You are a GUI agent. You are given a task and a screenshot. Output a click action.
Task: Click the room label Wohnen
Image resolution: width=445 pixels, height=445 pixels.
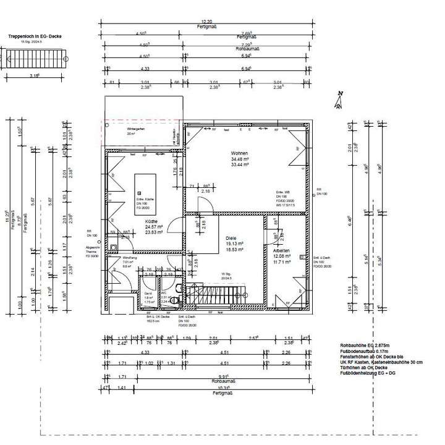coord(239,153)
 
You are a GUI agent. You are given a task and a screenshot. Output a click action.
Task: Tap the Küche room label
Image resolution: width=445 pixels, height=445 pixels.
coord(151,221)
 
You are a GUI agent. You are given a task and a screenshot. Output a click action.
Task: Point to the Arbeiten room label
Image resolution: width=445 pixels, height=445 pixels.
coord(282,250)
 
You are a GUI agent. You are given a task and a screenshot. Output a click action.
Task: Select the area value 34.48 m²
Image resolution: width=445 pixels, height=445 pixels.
coord(239,159)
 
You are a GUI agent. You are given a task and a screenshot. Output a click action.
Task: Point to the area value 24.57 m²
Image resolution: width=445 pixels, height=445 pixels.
coord(151,227)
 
